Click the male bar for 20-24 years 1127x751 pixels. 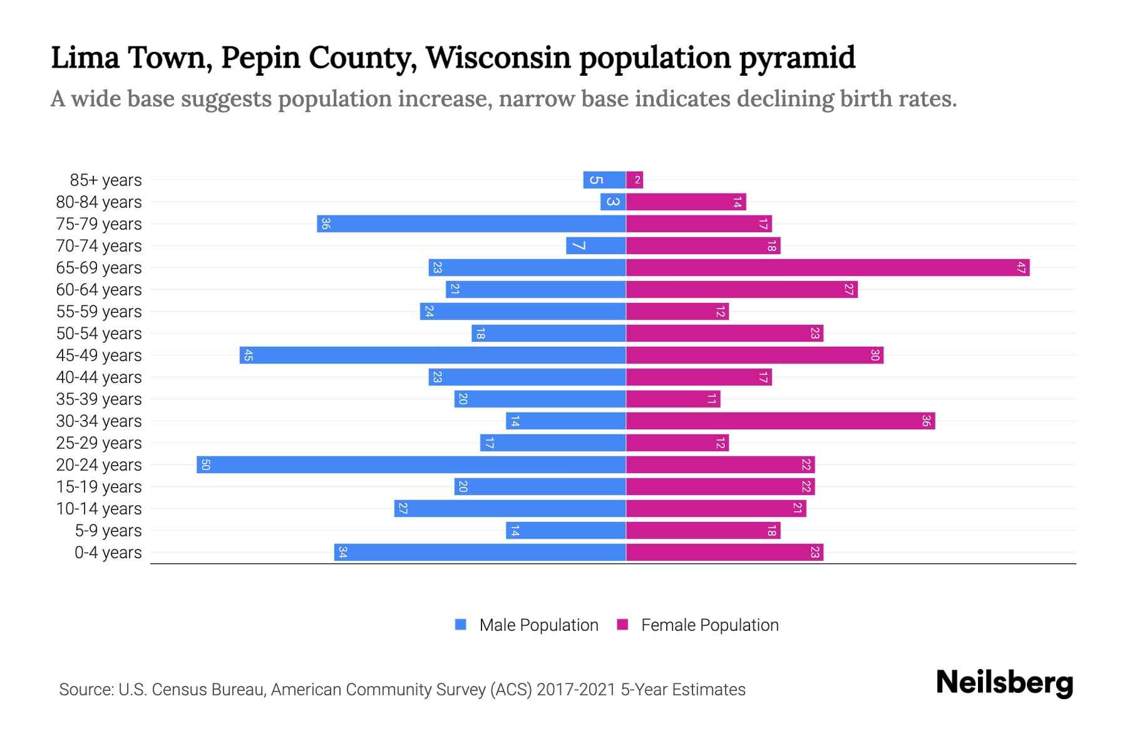(x=411, y=465)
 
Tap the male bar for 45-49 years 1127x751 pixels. (x=432, y=355)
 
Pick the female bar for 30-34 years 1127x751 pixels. (x=780, y=421)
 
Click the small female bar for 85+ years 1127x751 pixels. (x=634, y=180)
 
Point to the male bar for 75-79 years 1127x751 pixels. (x=471, y=224)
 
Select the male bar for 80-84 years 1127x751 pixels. (x=613, y=202)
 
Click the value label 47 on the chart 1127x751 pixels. (x=1021, y=268)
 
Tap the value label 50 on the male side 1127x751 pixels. (x=205, y=465)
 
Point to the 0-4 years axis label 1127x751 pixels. (x=108, y=553)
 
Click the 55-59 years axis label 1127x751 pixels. (x=99, y=312)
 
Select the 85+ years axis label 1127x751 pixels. (x=105, y=180)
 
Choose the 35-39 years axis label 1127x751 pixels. (x=99, y=399)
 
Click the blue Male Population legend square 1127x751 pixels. (x=461, y=625)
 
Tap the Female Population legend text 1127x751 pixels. (x=709, y=625)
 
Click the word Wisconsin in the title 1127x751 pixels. (x=498, y=58)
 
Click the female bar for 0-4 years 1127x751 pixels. (x=724, y=553)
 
